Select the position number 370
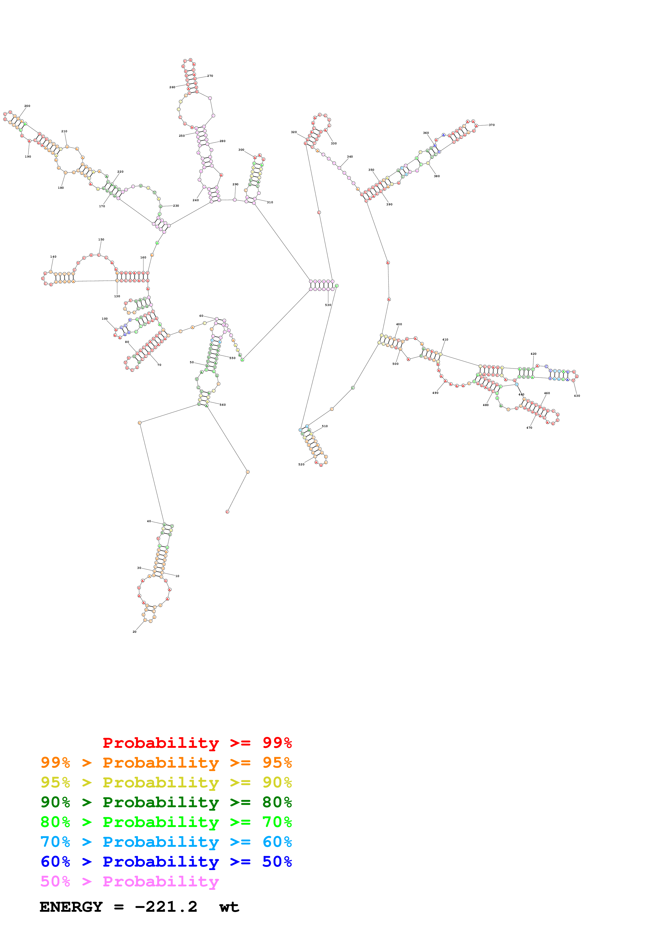pyautogui.click(x=491, y=125)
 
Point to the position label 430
pyautogui.click(x=577, y=396)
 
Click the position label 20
pyautogui.click(x=134, y=632)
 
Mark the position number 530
pyautogui.click(x=328, y=305)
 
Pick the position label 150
pyautogui.click(x=101, y=240)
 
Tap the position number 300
pyautogui.click(x=241, y=150)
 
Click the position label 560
pyautogui.click(x=223, y=404)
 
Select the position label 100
pyautogui.click(x=105, y=319)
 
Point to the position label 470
pyautogui.click(x=529, y=428)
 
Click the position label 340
pyautogui.click(x=350, y=157)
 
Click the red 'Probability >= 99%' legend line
pyautogui.click(x=197, y=743)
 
